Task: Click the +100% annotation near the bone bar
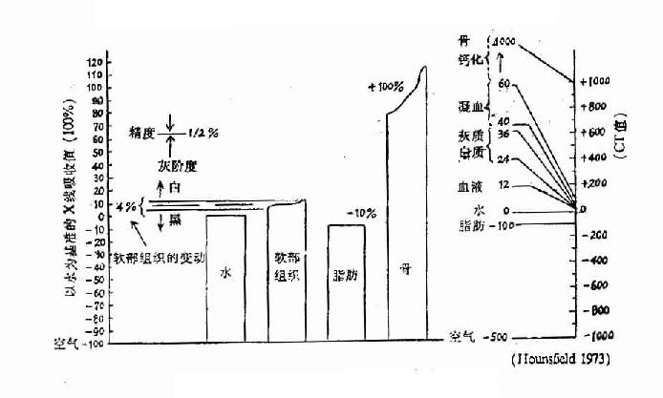tap(386, 88)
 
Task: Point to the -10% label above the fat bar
tap(361, 212)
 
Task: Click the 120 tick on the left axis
tap(94, 62)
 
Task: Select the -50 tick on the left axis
tap(94, 279)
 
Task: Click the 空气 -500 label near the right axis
tap(478, 336)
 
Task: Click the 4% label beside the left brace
tap(125, 206)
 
